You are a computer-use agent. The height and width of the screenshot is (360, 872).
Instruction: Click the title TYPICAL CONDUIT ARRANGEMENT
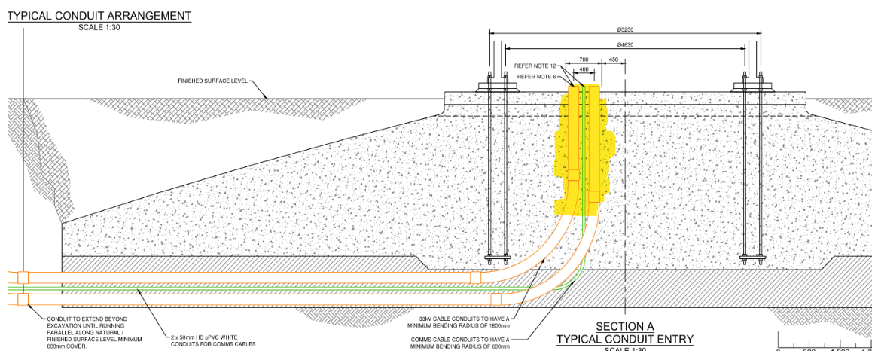pos(99,15)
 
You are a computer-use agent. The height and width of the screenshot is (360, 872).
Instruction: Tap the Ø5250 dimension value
pos(625,30)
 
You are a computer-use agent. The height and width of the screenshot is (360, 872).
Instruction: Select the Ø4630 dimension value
pos(625,45)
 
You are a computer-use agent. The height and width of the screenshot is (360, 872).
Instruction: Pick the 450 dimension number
pos(613,59)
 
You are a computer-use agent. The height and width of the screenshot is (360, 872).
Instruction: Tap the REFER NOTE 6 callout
pos(536,76)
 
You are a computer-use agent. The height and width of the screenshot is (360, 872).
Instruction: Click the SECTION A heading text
pos(625,327)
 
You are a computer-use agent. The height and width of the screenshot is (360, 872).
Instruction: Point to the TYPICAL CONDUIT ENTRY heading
pos(625,340)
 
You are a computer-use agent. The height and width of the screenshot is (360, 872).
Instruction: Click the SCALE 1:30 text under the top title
pos(99,27)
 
